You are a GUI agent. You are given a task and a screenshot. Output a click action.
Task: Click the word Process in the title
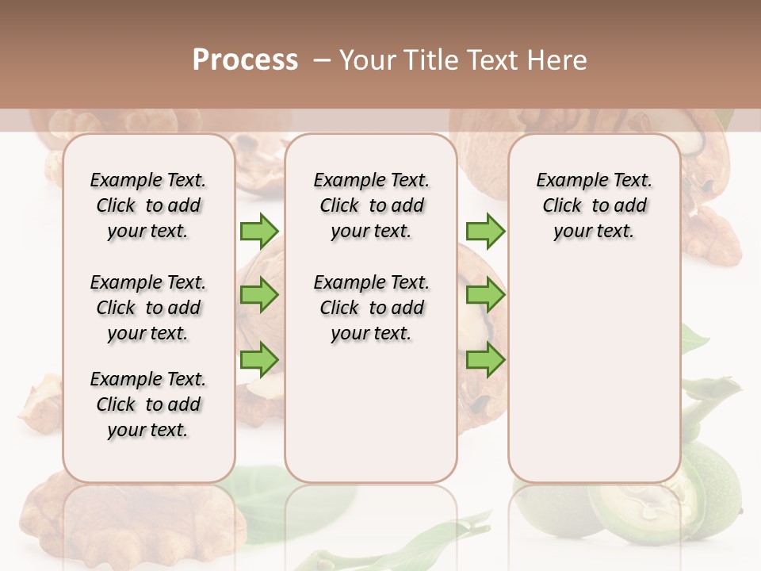(x=244, y=59)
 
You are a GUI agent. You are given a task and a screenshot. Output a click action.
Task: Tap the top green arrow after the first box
(x=259, y=231)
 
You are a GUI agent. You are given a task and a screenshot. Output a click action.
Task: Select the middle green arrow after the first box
(x=259, y=295)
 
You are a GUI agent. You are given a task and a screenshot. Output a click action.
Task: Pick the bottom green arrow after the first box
(x=259, y=359)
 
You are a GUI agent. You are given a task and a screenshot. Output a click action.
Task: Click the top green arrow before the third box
(x=485, y=231)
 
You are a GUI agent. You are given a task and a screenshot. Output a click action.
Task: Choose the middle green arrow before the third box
(x=485, y=295)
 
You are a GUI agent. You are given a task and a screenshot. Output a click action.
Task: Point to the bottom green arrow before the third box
(x=485, y=359)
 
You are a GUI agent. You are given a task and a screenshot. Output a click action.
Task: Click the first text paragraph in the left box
(x=148, y=205)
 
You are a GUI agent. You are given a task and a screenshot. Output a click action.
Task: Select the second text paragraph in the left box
(x=148, y=308)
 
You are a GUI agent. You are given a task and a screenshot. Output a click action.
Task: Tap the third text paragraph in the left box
(x=148, y=404)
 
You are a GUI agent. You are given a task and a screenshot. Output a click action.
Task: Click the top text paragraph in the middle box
(x=371, y=205)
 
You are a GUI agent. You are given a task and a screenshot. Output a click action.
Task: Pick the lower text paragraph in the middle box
(x=371, y=308)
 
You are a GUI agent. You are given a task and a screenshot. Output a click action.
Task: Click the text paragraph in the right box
(x=594, y=205)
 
